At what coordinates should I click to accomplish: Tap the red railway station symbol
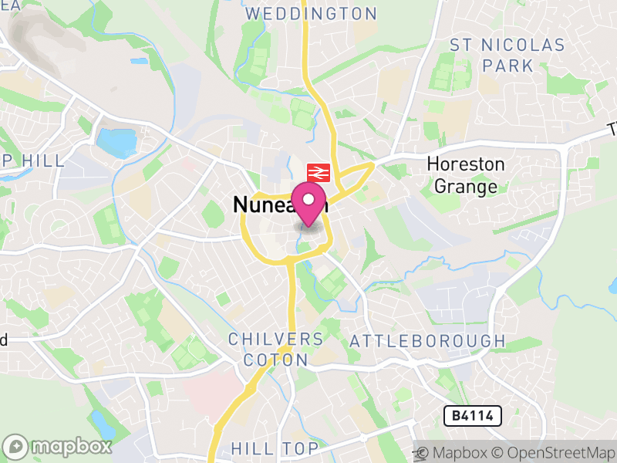tap(318, 172)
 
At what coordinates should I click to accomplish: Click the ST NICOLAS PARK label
tap(507, 55)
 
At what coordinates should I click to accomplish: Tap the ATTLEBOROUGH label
tap(427, 341)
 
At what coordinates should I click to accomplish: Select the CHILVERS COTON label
tap(276, 350)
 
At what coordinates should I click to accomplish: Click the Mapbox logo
tap(58, 446)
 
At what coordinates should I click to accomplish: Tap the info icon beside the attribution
tap(421, 452)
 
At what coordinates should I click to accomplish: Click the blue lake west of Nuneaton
tap(116, 143)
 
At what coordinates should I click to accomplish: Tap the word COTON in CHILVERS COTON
tap(276, 360)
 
